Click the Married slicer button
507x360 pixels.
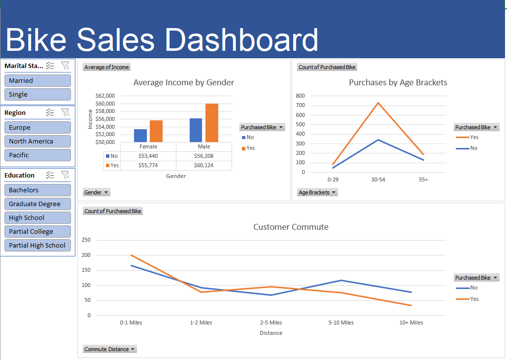click(x=37, y=80)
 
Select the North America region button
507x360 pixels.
click(x=37, y=141)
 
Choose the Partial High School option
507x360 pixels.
click(x=37, y=245)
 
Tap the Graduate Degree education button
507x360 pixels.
click(x=37, y=204)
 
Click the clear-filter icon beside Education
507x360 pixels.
click(x=65, y=175)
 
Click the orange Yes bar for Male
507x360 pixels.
click(x=212, y=123)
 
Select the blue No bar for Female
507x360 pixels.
click(x=140, y=136)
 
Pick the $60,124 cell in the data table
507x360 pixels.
click(x=203, y=166)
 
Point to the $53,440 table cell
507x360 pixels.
click(x=148, y=156)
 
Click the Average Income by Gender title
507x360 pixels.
click(x=184, y=82)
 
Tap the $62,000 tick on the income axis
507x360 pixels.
click(x=104, y=96)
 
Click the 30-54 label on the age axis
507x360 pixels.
click(x=378, y=180)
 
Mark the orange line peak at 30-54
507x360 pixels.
click(x=378, y=103)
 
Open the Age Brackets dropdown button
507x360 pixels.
click(x=317, y=192)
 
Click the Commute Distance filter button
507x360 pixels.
click(x=110, y=349)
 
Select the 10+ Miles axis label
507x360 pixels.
click(x=411, y=323)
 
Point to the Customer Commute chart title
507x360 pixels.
click(x=291, y=227)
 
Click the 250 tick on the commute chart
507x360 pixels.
click(x=86, y=240)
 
